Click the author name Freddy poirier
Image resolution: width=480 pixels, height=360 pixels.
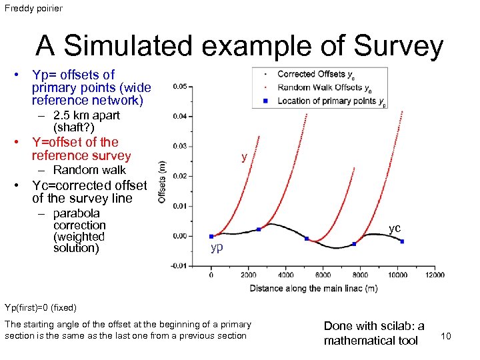pyautogui.click(x=33, y=9)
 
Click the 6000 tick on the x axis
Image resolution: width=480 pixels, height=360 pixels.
pyautogui.click(x=323, y=275)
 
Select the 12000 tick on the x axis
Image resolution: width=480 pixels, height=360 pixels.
pyautogui.click(x=434, y=275)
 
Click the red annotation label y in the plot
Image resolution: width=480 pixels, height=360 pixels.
pyautogui.click(x=245, y=157)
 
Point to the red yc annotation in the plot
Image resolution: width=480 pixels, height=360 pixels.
pyautogui.click(x=395, y=229)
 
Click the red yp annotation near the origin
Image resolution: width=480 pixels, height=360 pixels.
pyautogui.click(x=217, y=248)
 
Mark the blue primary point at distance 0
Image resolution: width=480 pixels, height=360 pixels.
pyautogui.click(x=211, y=236)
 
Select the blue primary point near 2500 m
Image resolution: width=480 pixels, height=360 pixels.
pyautogui.click(x=259, y=229)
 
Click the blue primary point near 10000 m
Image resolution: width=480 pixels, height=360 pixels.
pyautogui.click(x=402, y=241)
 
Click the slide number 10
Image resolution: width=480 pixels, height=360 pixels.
pyautogui.click(x=446, y=336)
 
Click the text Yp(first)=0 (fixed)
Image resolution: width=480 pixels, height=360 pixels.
pyautogui.click(x=41, y=307)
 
